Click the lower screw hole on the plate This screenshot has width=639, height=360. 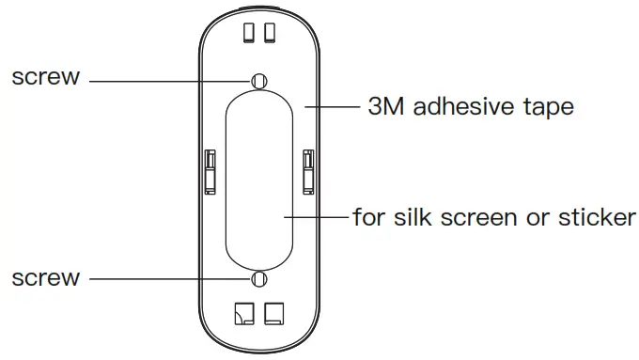point(260,279)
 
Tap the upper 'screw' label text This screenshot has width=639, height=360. point(45,77)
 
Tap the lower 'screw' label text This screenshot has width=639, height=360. point(45,278)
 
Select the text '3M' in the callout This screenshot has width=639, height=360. point(386,107)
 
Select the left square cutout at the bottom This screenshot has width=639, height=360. point(245,313)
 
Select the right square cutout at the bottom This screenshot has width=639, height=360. point(275,313)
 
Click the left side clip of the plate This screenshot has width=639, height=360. point(210,169)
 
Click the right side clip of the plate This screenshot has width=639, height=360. point(307,169)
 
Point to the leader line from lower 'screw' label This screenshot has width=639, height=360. point(169,279)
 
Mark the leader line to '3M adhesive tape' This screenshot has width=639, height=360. point(334,107)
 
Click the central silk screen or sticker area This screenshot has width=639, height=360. point(260,179)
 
